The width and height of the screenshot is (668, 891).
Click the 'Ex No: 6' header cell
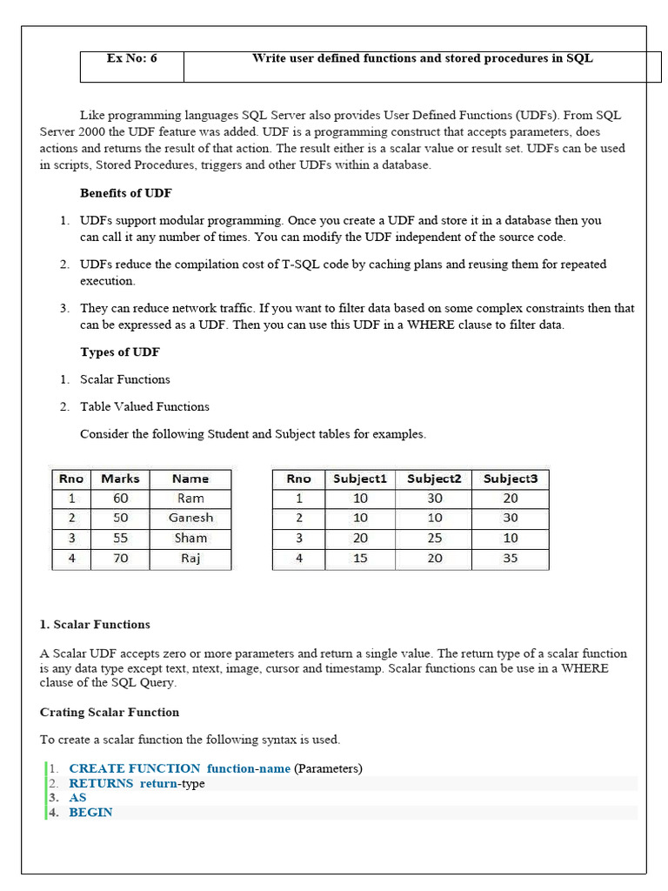tap(131, 59)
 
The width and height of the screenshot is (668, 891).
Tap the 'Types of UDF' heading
tap(119, 352)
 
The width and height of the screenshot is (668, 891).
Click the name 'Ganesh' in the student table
tap(190, 518)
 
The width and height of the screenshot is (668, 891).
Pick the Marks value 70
tap(120, 559)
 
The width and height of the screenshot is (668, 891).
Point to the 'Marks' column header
tap(120, 479)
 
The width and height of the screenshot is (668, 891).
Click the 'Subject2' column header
tap(433, 479)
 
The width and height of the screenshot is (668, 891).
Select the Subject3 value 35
tap(510, 559)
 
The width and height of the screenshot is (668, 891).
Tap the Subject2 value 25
tap(434, 539)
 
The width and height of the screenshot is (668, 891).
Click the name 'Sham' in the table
tap(190, 539)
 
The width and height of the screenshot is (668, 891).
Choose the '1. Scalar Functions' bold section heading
tap(95, 625)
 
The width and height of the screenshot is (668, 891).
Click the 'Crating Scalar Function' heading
tap(110, 713)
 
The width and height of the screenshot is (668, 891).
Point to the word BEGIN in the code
tap(90, 813)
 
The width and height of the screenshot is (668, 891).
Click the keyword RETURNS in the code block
tap(101, 783)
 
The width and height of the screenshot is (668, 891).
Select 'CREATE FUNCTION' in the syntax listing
tap(134, 768)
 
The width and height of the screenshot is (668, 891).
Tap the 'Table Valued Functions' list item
tap(144, 406)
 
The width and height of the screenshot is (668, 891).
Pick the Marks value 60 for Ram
tap(120, 499)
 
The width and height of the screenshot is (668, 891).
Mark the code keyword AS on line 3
tap(77, 798)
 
